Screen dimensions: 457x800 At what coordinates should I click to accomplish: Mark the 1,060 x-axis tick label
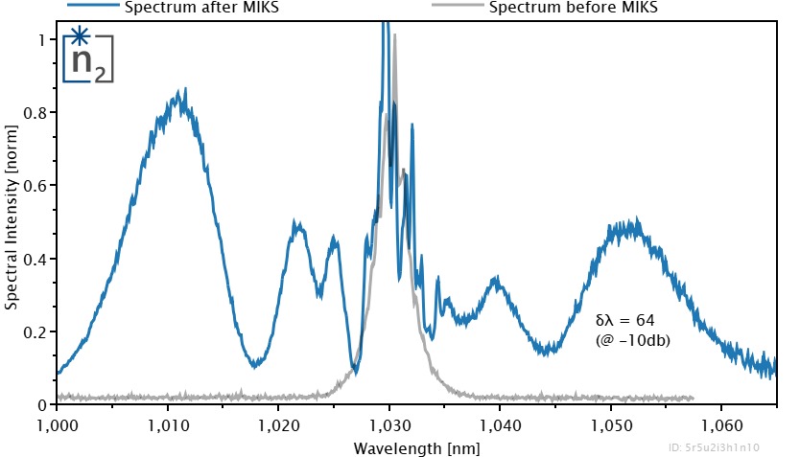pos(720,423)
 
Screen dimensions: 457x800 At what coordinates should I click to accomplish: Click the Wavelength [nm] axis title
pos(416,447)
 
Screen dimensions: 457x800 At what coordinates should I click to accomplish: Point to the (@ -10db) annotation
pos(632,338)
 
